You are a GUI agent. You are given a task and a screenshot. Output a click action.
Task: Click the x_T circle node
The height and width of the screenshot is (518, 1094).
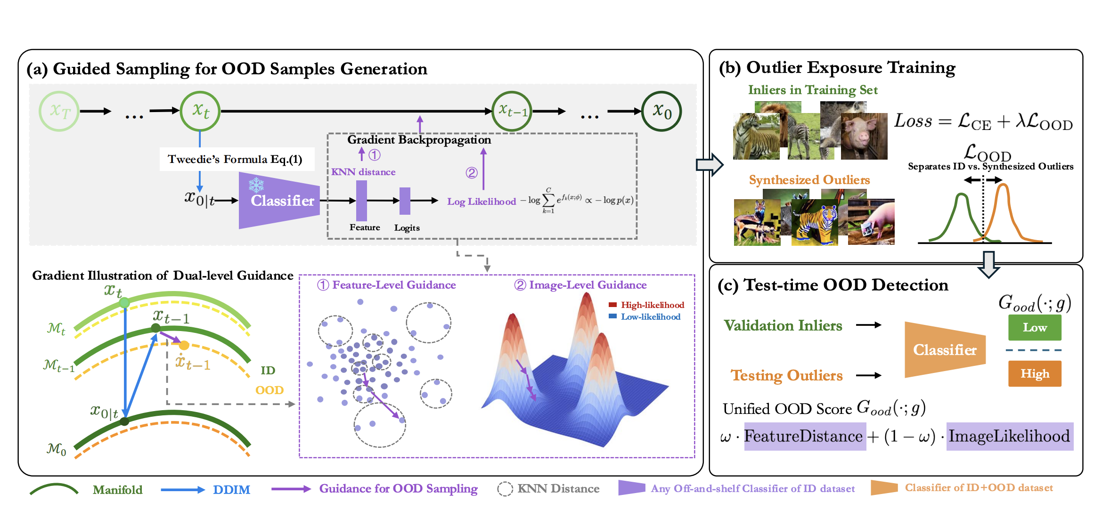(59, 111)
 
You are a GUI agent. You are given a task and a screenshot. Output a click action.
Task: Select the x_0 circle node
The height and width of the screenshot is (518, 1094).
(661, 111)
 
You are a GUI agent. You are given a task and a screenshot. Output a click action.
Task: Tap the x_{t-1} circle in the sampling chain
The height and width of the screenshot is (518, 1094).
(512, 111)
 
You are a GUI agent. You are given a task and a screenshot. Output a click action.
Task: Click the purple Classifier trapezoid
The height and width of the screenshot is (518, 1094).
(280, 201)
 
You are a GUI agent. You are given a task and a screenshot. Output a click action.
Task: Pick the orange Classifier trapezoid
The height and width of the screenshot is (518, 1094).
(945, 350)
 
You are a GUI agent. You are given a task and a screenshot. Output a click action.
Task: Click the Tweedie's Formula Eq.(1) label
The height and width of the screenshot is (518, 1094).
(236, 159)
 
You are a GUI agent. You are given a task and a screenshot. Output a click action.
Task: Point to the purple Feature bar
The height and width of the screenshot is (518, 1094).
(361, 201)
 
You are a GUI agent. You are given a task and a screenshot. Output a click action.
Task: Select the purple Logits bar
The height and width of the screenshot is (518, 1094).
(405, 201)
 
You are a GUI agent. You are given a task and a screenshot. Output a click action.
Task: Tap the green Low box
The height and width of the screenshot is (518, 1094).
(1035, 327)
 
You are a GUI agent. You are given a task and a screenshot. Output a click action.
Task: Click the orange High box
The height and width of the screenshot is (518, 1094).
(1035, 373)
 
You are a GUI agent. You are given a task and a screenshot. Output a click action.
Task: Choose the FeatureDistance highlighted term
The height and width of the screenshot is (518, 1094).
(804, 437)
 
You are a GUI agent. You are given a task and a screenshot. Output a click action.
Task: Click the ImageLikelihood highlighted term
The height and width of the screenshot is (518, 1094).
(1009, 437)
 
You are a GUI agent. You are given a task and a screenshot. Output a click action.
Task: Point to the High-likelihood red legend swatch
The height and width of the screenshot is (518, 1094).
(612, 305)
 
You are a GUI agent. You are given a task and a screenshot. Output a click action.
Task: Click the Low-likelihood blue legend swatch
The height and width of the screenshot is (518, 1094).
(612, 316)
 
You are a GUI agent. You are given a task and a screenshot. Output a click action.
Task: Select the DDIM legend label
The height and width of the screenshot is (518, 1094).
(231, 490)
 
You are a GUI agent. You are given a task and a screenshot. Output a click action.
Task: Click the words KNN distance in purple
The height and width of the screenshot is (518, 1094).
(363, 172)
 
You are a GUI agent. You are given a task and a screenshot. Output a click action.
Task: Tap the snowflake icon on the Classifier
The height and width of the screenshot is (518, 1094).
(256, 185)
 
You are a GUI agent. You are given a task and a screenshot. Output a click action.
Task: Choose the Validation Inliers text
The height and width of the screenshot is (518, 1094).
(783, 325)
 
